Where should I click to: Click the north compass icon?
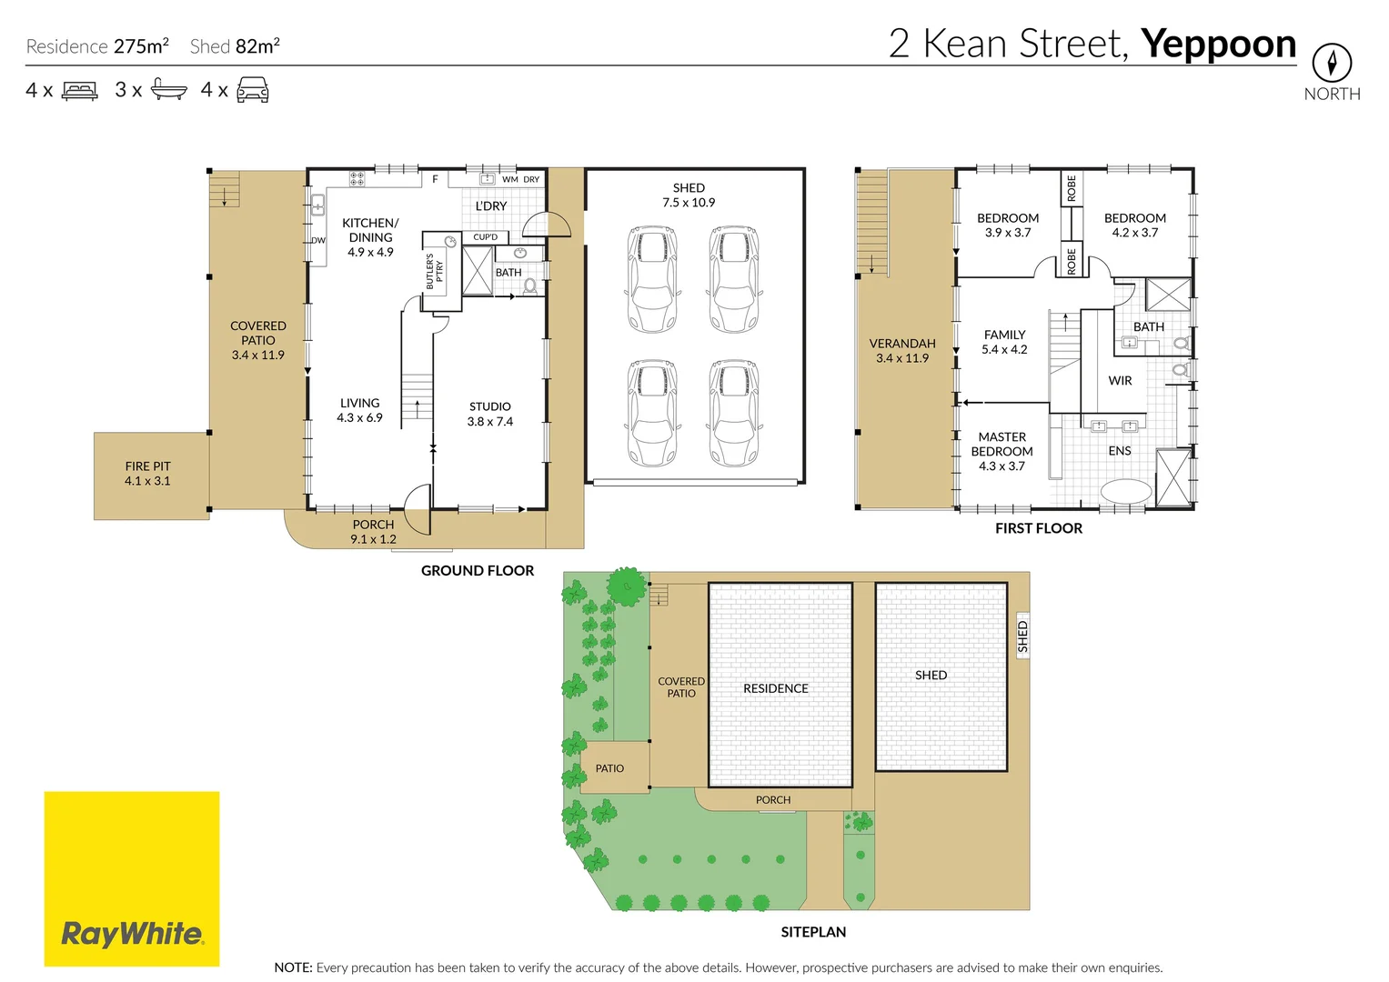[1331, 63]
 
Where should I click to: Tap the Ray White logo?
[132, 878]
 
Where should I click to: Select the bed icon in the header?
[79, 91]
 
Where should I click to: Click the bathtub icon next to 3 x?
[168, 89]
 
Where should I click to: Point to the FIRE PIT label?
[147, 474]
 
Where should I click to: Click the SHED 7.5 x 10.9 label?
[689, 195]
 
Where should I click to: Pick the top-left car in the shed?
[652, 279]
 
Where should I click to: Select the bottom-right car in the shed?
[734, 413]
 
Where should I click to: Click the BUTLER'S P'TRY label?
[435, 271]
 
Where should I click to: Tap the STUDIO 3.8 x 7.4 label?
[489, 414]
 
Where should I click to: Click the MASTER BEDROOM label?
[1001, 451]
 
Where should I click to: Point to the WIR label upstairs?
[1120, 381]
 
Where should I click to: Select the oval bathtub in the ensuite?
[1126, 492]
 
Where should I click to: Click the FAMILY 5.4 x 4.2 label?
[1004, 342]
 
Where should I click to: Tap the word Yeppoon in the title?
[1218, 44]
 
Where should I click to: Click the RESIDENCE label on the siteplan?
[775, 688]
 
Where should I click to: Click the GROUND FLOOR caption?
[477, 571]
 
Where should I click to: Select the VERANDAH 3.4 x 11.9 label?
[901, 351]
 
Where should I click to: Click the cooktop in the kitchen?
[357, 178]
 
